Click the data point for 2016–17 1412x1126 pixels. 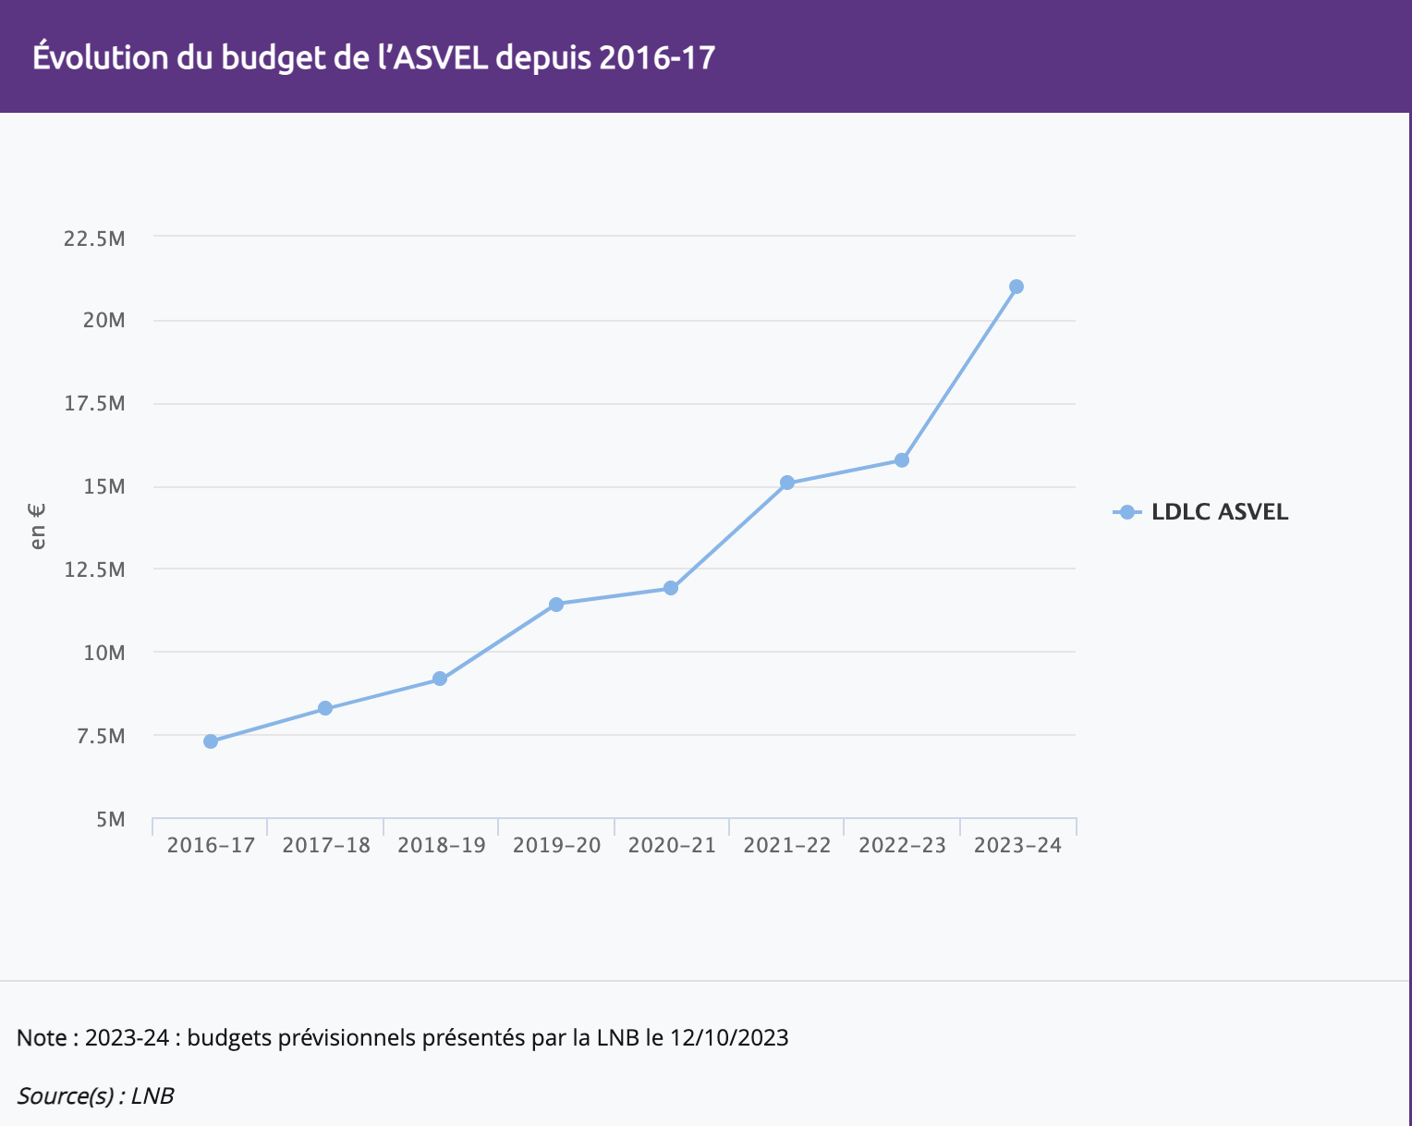tap(211, 741)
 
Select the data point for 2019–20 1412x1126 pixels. tap(556, 605)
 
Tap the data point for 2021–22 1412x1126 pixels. tap(787, 483)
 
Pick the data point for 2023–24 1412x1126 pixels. tap(1016, 287)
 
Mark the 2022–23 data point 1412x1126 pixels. tap(902, 460)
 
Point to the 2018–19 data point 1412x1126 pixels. tap(440, 679)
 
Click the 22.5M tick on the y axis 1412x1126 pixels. tap(94, 239)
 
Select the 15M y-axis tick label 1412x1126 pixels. tap(103, 487)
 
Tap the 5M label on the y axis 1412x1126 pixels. tap(109, 820)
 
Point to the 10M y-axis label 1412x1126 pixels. tap(103, 654)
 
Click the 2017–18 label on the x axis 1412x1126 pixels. tap(326, 846)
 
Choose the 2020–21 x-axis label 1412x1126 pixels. tap(672, 846)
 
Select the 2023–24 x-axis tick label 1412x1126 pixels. tap(1017, 846)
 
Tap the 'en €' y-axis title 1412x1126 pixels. tap(38, 526)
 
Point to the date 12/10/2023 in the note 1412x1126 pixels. tap(729, 1037)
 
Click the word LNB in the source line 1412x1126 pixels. tap(152, 1096)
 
